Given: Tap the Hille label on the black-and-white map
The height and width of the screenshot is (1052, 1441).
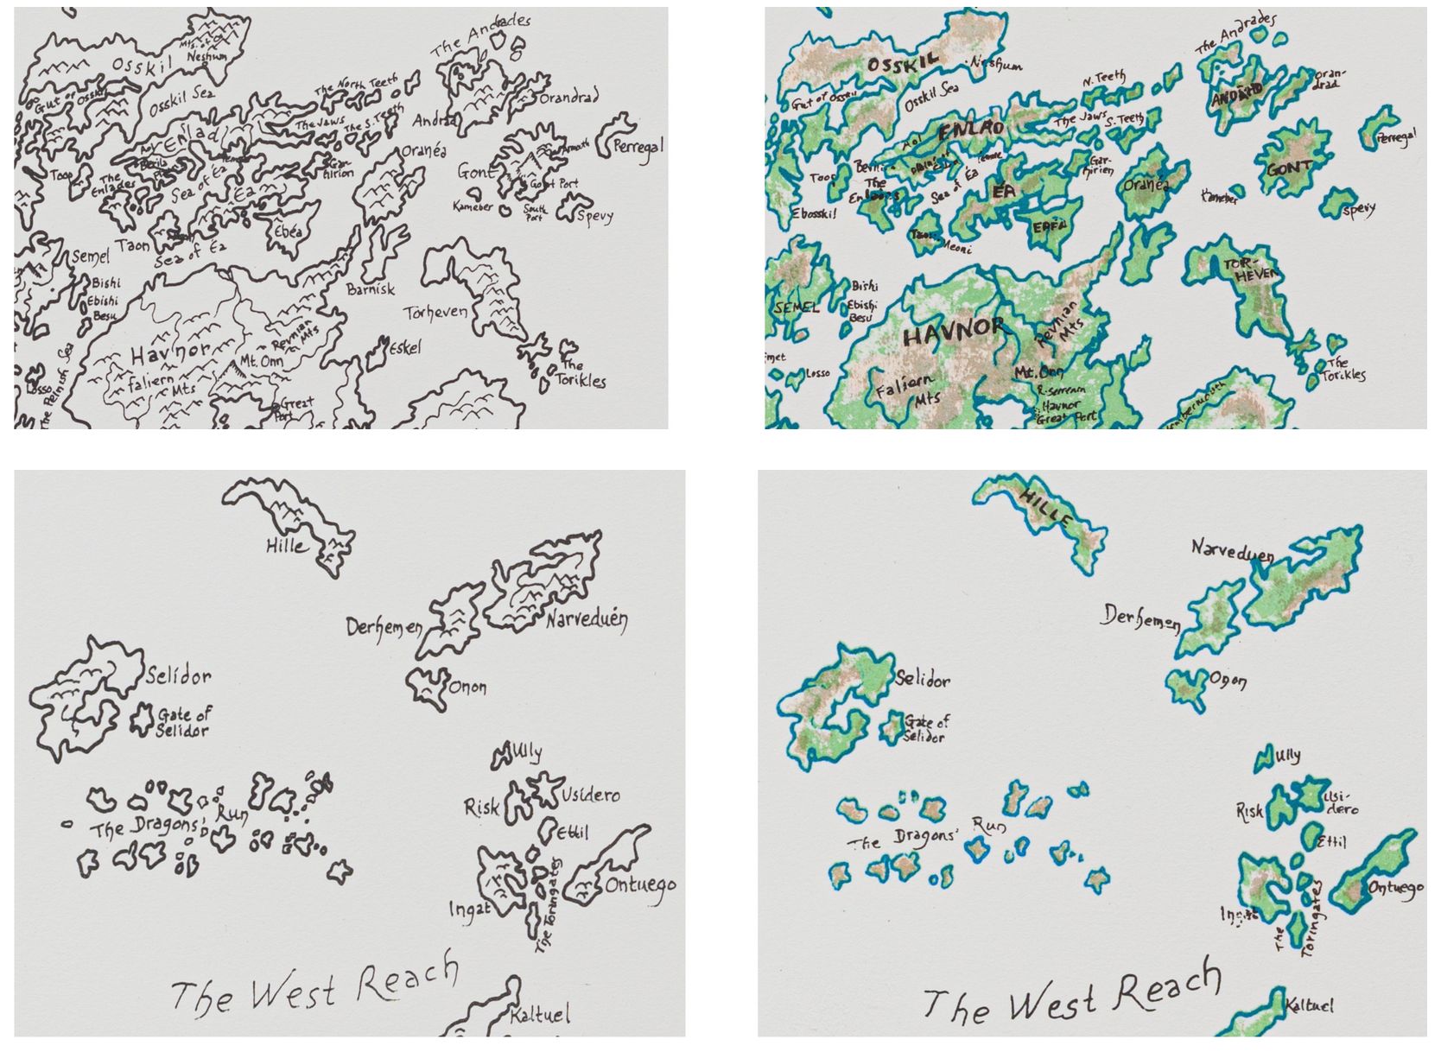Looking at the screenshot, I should coord(285,546).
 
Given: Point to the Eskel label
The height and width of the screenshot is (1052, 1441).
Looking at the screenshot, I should coord(405,347).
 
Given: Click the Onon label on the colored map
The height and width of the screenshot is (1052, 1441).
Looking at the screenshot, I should coord(1228,681).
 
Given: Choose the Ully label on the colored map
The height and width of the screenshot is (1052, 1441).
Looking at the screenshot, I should coord(1286,757).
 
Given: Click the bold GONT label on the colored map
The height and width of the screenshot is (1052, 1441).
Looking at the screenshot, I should coord(1290,168).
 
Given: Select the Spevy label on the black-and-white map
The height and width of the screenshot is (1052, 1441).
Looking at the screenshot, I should coord(594,214).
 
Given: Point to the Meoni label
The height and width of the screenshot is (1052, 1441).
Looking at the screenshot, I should coord(959,243).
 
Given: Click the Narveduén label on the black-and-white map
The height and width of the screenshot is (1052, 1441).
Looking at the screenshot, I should coord(587,619).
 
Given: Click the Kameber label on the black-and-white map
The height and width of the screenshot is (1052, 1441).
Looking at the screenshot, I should coord(473,207).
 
